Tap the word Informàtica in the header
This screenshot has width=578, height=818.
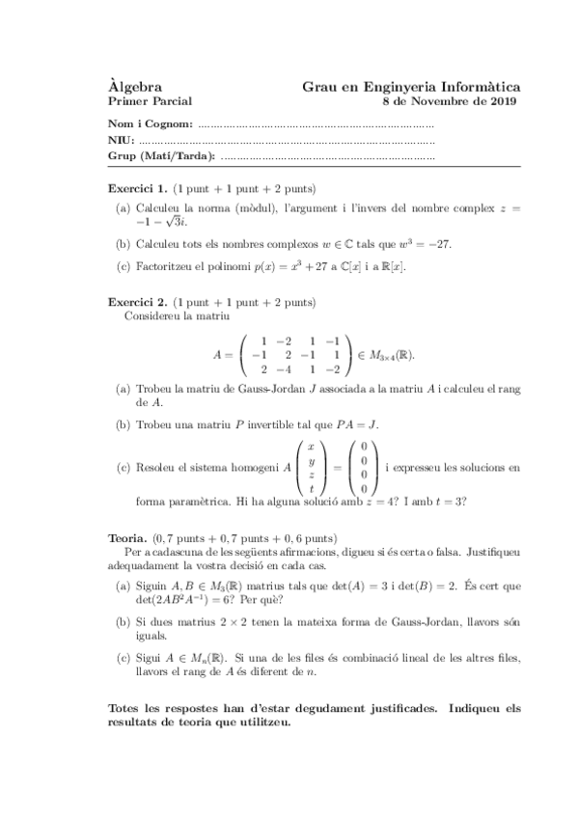coord(480,86)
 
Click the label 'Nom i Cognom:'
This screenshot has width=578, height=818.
coord(151,124)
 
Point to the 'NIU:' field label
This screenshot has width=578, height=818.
coord(120,140)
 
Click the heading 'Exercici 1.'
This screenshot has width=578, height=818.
coord(138,188)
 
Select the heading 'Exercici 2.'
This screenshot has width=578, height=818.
coord(138,302)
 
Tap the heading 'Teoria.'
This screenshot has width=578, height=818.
coord(127,537)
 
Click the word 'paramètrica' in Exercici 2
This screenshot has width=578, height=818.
coord(189,500)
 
